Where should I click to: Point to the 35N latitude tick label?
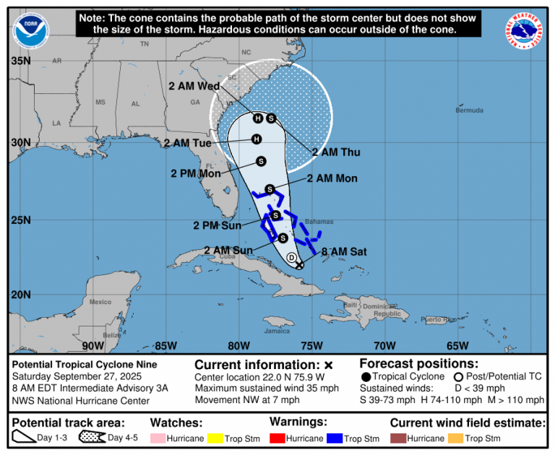tap(20, 61)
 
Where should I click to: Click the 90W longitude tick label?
tap(92, 345)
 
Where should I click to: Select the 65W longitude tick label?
tap(457, 345)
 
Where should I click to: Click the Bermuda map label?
tap(469, 110)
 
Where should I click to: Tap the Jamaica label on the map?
tap(276, 331)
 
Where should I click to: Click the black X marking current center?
tap(299, 265)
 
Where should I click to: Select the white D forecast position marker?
tap(292, 258)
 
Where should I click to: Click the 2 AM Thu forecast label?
tap(336, 152)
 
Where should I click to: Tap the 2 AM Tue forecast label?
tap(186, 143)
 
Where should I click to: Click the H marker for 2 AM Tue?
tap(256, 139)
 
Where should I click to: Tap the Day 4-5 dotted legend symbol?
tap(92, 438)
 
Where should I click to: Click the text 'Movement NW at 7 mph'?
tap(246, 400)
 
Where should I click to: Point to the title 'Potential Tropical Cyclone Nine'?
tap(85, 365)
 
